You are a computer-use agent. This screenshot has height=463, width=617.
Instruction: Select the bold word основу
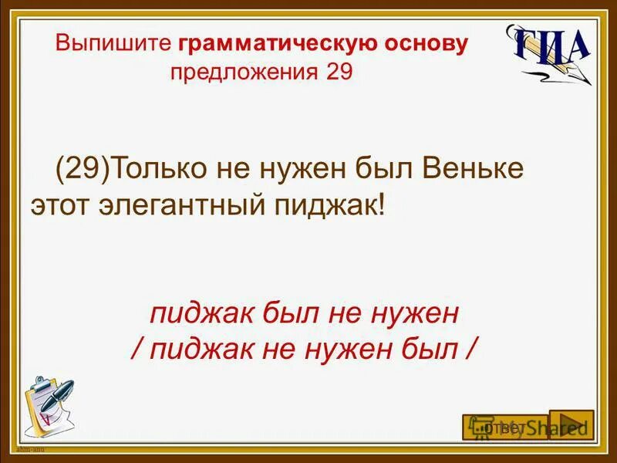click(x=427, y=44)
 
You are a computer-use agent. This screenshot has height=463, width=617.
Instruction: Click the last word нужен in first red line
click(x=416, y=314)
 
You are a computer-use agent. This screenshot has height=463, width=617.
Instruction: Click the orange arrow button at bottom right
click(x=571, y=425)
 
